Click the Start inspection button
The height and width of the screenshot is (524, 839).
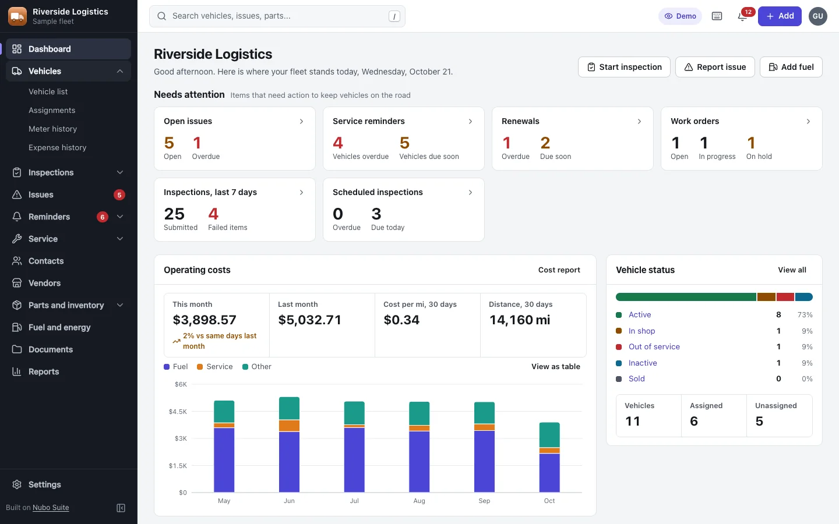624,67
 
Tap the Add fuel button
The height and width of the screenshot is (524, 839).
791,67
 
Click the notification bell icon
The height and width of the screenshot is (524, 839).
742,16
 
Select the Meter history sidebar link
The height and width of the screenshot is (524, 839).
53,129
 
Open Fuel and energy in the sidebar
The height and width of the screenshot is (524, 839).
59,327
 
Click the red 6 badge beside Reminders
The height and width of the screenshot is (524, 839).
103,217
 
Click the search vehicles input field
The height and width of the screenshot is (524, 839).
277,16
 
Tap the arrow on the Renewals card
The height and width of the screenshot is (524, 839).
639,121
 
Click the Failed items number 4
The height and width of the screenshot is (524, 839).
213,214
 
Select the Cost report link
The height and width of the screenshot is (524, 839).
559,270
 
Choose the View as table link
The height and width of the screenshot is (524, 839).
556,366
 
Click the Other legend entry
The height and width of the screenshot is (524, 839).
257,366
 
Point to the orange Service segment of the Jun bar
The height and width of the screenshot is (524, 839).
289,426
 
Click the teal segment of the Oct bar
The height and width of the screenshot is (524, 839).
549,435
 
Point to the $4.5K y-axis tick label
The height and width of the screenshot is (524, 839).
178,411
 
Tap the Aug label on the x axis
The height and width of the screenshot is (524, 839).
419,501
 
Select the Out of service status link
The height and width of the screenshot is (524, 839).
654,346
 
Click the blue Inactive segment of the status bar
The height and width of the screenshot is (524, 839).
804,297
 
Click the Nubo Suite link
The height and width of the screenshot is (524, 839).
51,508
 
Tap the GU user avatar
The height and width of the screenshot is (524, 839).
818,16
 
